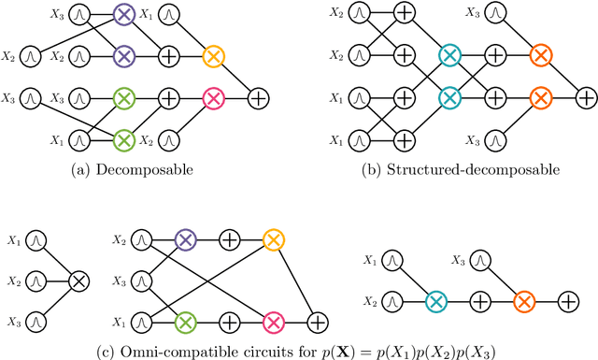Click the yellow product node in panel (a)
213,57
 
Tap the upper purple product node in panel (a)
123,15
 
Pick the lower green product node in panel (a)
123,139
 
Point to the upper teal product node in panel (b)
449,55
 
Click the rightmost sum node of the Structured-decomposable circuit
585,96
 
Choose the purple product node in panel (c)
183,240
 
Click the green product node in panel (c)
183,322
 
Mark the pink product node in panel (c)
273,322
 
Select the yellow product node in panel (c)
273,240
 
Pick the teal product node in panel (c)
435,301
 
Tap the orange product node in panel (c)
524,301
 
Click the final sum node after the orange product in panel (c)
568,301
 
